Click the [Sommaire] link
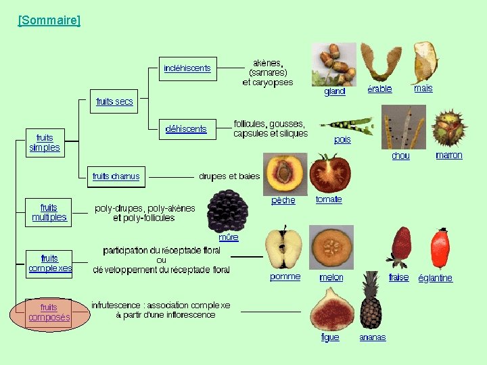pos(49,20)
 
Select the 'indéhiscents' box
pos(187,68)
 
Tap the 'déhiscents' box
pos(186,128)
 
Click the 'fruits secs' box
pos(114,101)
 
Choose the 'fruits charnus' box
pos(116,176)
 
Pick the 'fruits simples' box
pos(45,143)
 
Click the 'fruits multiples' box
pos(49,212)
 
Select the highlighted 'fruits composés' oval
pos(49,313)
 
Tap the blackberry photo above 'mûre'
pos(227,210)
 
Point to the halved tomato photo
pos(330,172)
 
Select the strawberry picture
pos(400,247)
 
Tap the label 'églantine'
pos(435,278)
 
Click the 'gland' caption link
pos(335,92)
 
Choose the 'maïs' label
pos(423,88)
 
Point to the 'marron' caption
pos(449,155)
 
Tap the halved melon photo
pos(331,247)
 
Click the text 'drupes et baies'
pos(229,176)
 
